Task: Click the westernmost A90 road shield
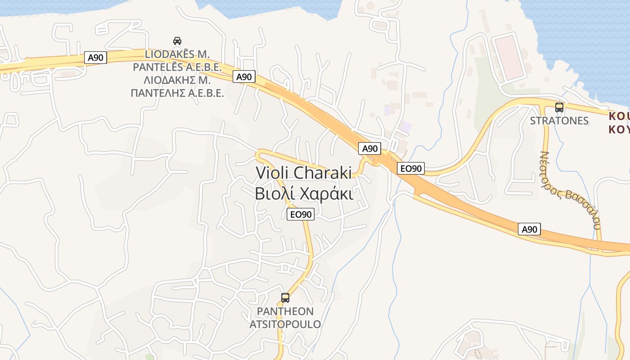[x=95, y=58]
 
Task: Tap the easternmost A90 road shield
[x=529, y=229]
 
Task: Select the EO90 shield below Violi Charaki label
[x=301, y=214]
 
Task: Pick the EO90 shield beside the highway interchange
[x=411, y=169]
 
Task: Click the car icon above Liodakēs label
[x=177, y=41]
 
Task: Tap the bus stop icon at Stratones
[x=559, y=108]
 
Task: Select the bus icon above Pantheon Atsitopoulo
[x=285, y=297]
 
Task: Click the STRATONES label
[x=559, y=121]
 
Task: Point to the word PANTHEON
[x=285, y=311]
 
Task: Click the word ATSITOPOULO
[x=285, y=324]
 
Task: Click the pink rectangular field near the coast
[x=509, y=58]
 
